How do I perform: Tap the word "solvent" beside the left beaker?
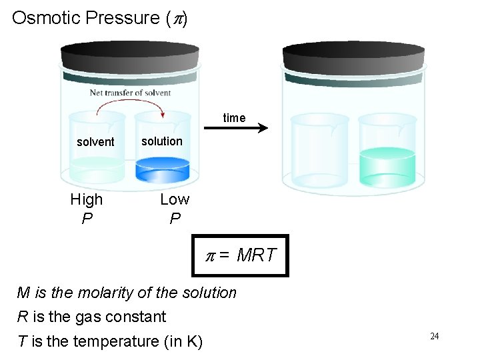(x=95, y=142)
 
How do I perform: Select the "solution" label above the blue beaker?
(x=161, y=141)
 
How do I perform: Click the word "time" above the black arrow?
(x=234, y=118)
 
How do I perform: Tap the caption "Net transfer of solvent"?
(x=130, y=93)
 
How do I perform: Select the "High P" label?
(x=87, y=208)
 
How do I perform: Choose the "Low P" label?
(x=175, y=208)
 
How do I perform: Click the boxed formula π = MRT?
(x=240, y=255)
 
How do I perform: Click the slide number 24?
(x=434, y=336)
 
